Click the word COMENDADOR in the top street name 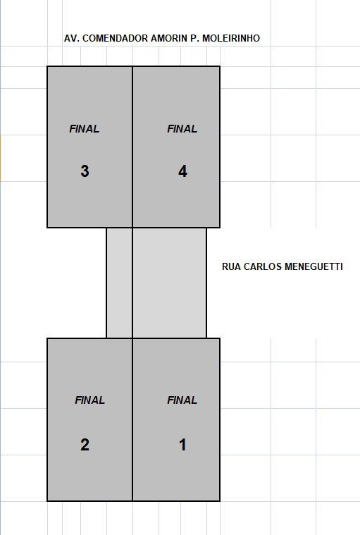116,38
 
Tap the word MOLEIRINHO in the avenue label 231,38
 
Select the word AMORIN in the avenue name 169,38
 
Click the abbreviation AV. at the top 72,38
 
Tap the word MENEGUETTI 314,266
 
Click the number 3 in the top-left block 85,171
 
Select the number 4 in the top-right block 182,171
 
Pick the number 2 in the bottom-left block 85,445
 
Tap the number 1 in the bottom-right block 182,445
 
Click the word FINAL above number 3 85,128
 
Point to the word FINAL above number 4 182,128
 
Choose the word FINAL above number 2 89,400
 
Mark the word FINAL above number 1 182,400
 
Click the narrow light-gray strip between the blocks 119,283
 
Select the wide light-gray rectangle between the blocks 169,283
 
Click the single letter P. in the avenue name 194,38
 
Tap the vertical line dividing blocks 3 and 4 132,147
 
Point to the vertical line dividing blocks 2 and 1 132,419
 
